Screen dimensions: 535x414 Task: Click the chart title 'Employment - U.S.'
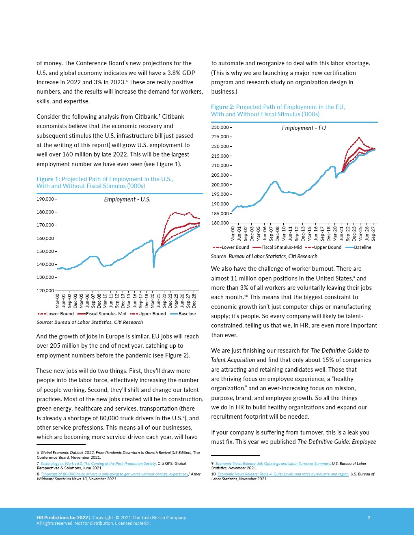coord(127,199)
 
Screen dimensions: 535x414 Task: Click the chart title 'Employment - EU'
coord(304,128)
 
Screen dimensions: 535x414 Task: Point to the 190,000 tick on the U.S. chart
coord(45,199)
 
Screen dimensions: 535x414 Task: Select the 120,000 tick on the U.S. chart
coord(45,291)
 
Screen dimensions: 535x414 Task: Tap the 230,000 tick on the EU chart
coord(220,127)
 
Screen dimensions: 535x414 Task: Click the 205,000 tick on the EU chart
coord(220,175)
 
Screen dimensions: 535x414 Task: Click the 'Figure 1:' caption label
coord(48,179)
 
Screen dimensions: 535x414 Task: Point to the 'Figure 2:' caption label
coord(222,107)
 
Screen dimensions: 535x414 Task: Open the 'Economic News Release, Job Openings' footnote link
coord(273,463)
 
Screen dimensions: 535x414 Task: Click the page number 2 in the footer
coord(369,518)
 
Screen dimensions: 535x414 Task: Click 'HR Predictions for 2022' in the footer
coord(62,518)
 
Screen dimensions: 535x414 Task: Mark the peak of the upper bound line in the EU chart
coord(359,138)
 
